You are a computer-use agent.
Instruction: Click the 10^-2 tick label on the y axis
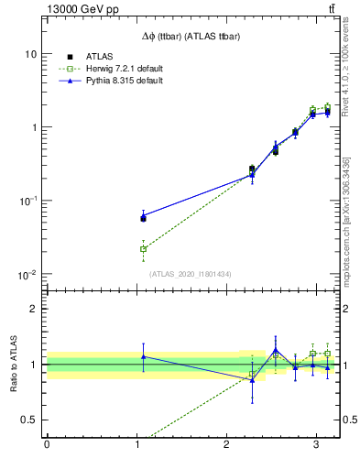pos(28,274)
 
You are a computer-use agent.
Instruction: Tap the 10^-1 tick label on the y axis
pos(28,201)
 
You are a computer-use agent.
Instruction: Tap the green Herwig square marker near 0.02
pos(143,248)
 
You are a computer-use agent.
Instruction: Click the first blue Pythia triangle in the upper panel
pos(143,216)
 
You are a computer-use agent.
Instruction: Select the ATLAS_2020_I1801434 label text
pos(189,274)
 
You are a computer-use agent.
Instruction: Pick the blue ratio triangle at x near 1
pos(143,356)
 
